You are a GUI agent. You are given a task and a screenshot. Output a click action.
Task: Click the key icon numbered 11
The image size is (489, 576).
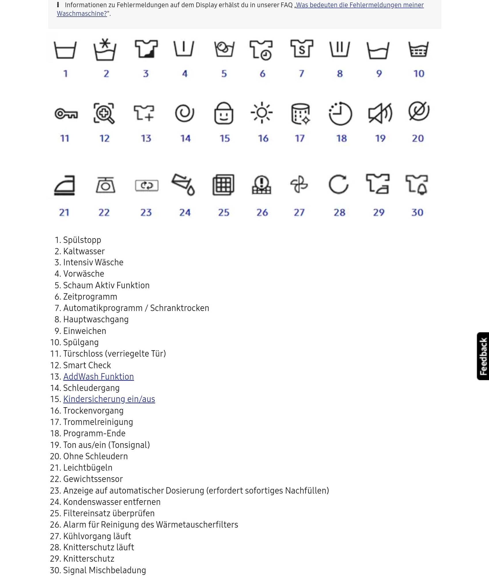click(66, 114)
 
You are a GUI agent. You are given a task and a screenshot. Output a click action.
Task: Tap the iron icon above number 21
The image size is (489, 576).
click(65, 185)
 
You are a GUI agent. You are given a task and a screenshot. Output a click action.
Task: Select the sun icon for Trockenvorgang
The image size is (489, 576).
click(261, 113)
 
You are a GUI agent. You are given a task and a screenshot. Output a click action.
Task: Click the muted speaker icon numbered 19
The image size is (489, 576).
click(380, 113)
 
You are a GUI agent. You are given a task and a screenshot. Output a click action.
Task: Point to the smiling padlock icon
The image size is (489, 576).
click(224, 113)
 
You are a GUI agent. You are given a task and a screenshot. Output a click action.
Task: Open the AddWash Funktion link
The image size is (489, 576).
click(98, 376)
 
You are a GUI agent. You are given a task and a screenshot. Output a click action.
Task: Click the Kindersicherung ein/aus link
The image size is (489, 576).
click(109, 399)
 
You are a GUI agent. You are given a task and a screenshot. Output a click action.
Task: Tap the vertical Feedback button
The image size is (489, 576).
click(483, 356)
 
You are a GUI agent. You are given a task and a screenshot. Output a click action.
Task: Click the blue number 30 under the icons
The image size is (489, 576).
click(417, 213)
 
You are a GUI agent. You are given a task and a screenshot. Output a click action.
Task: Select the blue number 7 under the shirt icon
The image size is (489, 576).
click(301, 74)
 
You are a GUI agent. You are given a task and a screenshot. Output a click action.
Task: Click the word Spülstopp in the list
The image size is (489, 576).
click(82, 240)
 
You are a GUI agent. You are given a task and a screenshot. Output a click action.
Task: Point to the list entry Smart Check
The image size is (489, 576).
click(87, 365)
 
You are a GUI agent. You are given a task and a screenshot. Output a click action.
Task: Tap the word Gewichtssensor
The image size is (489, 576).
click(93, 479)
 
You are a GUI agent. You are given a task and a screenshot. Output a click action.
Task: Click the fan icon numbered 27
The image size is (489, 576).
click(299, 184)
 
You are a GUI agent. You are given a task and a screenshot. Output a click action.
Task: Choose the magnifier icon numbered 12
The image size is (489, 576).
click(104, 113)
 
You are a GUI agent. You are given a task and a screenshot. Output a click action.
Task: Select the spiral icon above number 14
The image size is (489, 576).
click(185, 113)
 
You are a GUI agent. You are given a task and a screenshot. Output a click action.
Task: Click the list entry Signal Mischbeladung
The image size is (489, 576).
click(105, 570)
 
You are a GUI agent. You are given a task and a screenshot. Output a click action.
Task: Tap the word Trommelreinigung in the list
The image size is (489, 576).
click(98, 422)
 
